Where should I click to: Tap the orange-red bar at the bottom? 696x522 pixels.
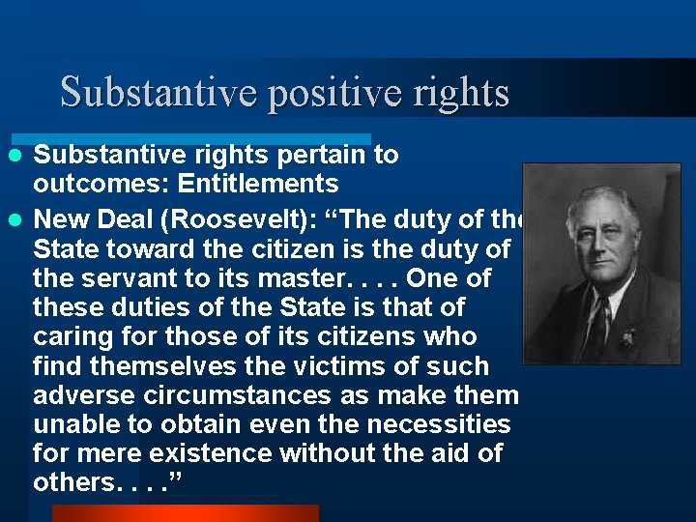(x=184, y=513)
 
